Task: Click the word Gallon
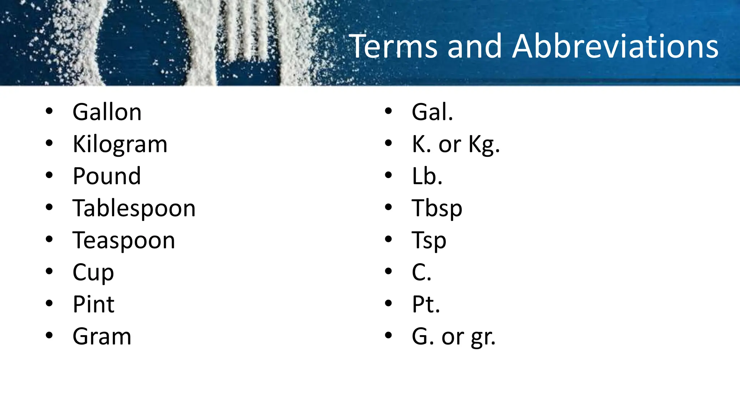click(107, 112)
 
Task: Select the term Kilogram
click(120, 144)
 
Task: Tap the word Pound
click(107, 176)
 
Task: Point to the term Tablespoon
click(134, 209)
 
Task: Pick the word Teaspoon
click(124, 240)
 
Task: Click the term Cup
click(93, 273)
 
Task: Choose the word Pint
click(94, 304)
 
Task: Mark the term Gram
click(102, 337)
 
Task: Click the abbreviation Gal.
click(432, 112)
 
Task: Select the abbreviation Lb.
click(427, 176)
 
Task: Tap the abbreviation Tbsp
click(437, 209)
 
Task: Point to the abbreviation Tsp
click(429, 240)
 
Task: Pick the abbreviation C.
click(421, 273)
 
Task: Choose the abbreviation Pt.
click(426, 304)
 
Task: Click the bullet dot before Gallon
click(50, 111)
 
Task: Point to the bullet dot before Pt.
click(388, 303)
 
